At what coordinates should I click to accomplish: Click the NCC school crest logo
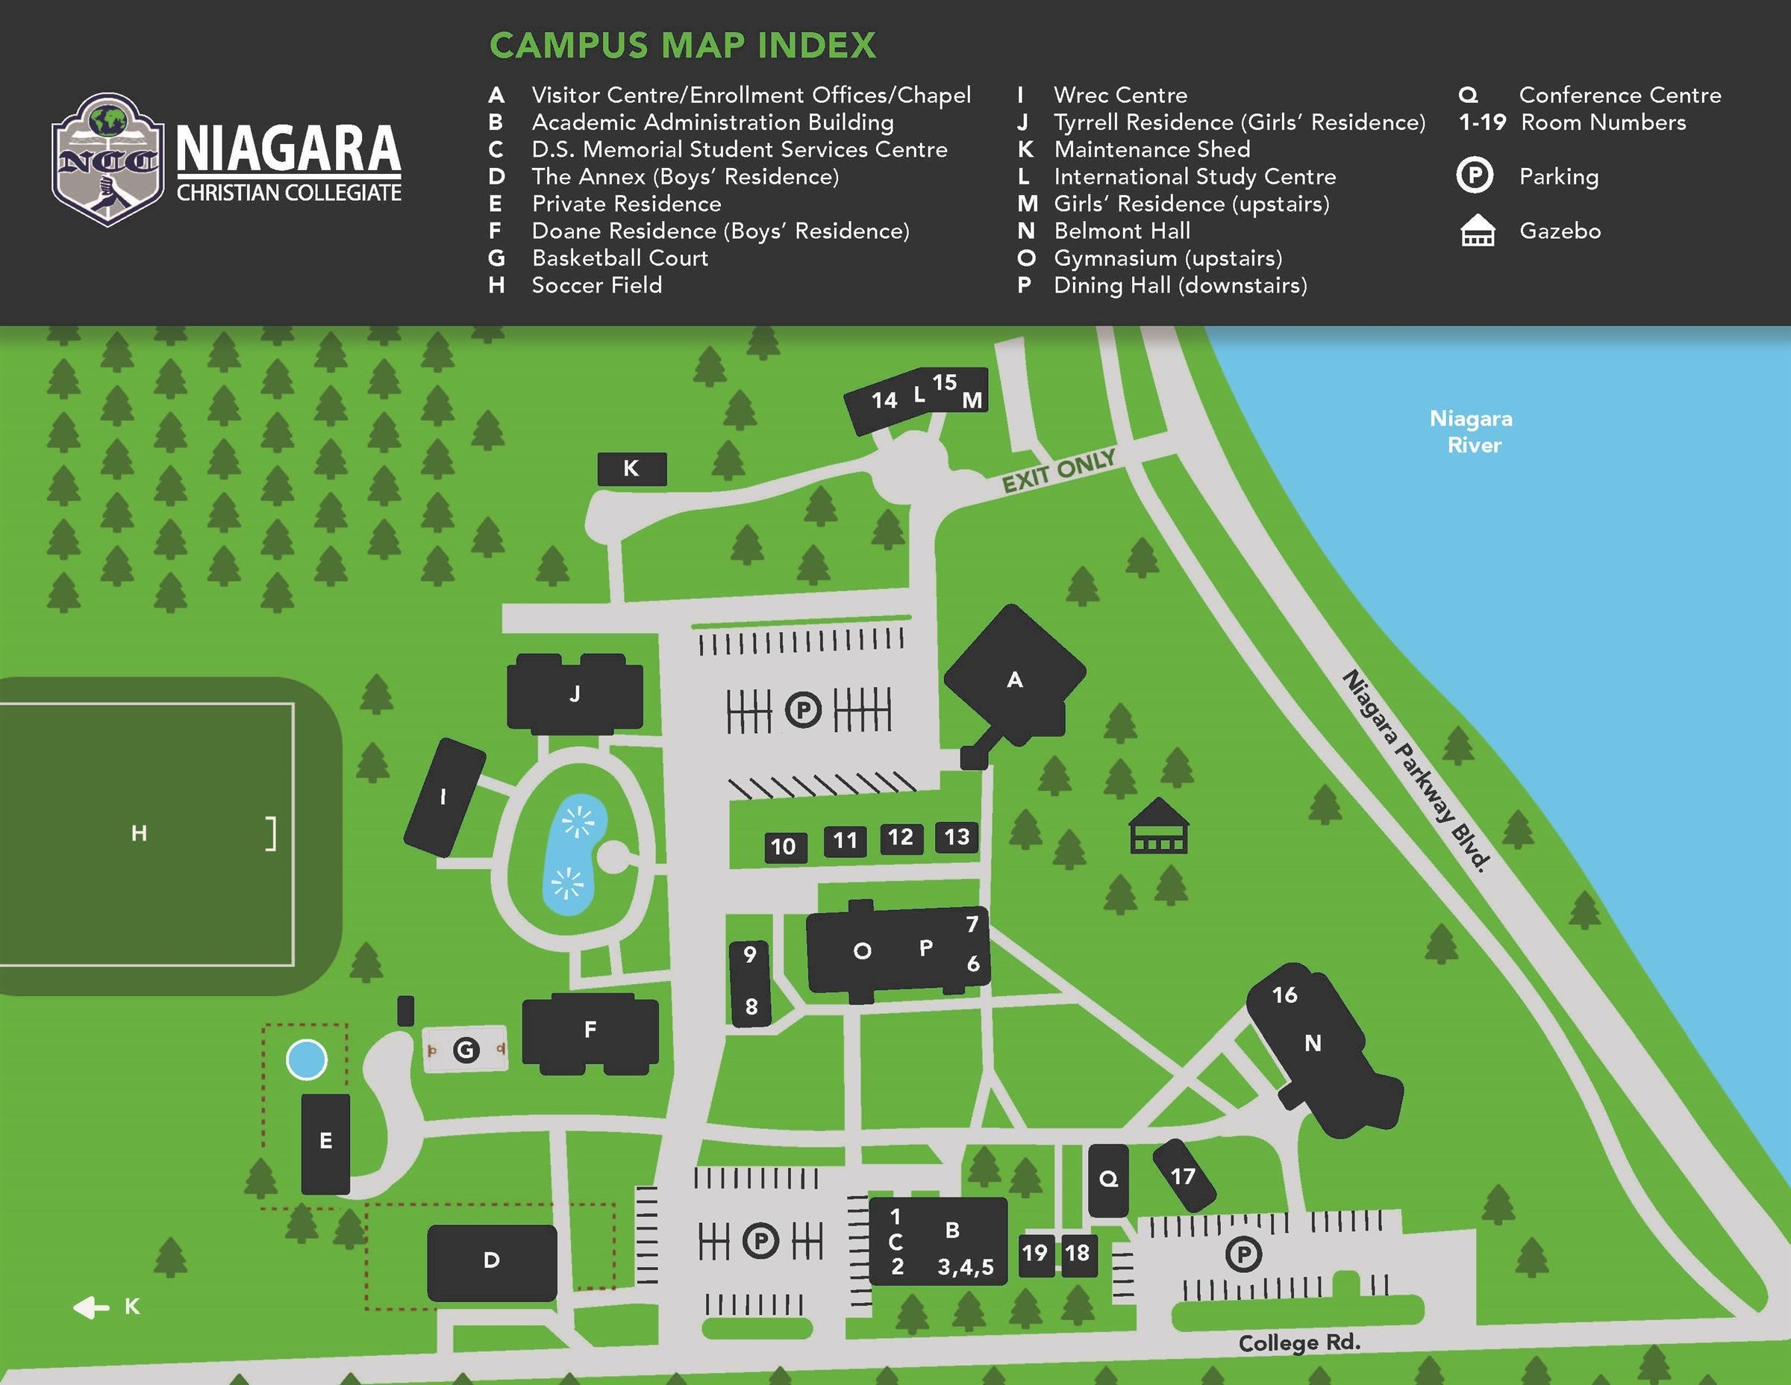(x=107, y=159)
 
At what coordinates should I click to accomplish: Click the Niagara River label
(x=1473, y=432)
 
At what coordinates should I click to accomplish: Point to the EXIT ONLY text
(x=1058, y=470)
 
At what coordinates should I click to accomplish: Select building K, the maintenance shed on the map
(x=631, y=468)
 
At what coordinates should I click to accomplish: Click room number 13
(x=956, y=837)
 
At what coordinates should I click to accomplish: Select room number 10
(x=783, y=847)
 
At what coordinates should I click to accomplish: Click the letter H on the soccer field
(x=140, y=834)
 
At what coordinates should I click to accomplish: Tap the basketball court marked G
(x=465, y=1050)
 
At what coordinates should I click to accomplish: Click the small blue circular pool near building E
(x=306, y=1059)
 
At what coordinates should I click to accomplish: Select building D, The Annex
(x=491, y=1260)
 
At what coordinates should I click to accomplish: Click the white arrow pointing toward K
(x=91, y=1307)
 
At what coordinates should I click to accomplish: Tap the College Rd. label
(x=1299, y=1342)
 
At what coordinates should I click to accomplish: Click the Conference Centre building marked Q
(x=1108, y=1180)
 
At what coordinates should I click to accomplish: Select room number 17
(x=1183, y=1177)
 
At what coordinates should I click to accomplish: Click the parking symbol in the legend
(x=1475, y=176)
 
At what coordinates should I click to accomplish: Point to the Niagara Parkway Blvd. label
(x=1416, y=771)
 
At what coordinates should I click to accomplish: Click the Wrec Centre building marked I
(x=444, y=797)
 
